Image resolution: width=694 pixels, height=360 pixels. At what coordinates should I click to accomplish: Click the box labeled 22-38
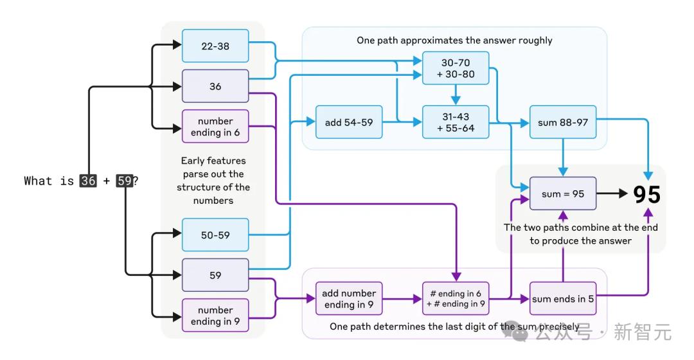pos(215,46)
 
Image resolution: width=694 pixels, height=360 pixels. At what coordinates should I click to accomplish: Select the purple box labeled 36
pos(215,85)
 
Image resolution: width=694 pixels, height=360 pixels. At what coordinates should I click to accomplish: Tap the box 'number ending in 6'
pos(215,127)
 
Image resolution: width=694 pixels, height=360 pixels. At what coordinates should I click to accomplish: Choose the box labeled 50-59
pos(215,235)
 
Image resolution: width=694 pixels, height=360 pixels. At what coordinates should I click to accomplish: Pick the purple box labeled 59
pos(215,275)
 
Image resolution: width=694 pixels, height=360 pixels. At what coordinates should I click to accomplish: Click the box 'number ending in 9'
pos(215,316)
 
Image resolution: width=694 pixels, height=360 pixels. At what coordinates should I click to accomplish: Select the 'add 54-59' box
pos(349,122)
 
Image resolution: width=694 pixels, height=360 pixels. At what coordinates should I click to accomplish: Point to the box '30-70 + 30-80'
pos(456,68)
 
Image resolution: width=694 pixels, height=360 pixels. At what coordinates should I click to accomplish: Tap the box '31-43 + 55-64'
pos(456,122)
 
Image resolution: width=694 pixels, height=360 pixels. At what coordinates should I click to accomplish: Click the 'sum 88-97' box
pos(563,122)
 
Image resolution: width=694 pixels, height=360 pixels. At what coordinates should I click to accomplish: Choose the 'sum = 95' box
pos(563,194)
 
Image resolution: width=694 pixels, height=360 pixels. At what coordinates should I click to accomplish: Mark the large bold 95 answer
pos(646,194)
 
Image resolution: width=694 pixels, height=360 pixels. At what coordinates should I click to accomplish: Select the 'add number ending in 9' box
pos(349,298)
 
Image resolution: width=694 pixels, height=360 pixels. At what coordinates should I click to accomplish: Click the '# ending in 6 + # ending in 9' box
pos(456,298)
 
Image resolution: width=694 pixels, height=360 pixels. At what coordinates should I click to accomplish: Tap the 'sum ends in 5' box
pos(563,298)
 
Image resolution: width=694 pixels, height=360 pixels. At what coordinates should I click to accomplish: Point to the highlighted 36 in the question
pos(88,181)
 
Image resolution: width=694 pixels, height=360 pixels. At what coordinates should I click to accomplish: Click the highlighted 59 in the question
pos(124,181)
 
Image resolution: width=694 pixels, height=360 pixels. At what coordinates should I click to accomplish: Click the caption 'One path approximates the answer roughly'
pos(454,40)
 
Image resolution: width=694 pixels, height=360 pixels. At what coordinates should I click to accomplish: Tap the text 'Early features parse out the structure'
pos(213,174)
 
